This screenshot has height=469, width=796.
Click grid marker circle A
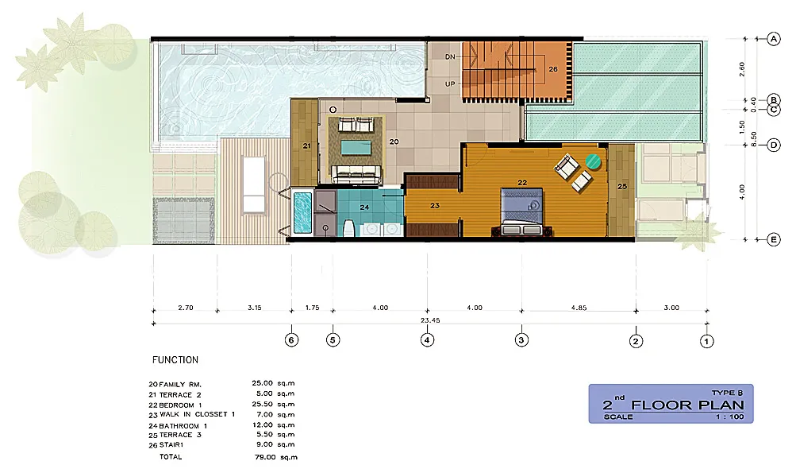773,38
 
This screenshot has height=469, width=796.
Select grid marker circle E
773,238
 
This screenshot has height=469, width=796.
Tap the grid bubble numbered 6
291,340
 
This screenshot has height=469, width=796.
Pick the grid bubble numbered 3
521,340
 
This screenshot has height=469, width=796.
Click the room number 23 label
434,205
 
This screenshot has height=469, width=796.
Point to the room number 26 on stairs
553,69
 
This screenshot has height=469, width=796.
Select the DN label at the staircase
450,57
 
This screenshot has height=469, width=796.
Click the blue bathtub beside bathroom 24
302,212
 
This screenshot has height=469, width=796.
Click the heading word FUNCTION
175,360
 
